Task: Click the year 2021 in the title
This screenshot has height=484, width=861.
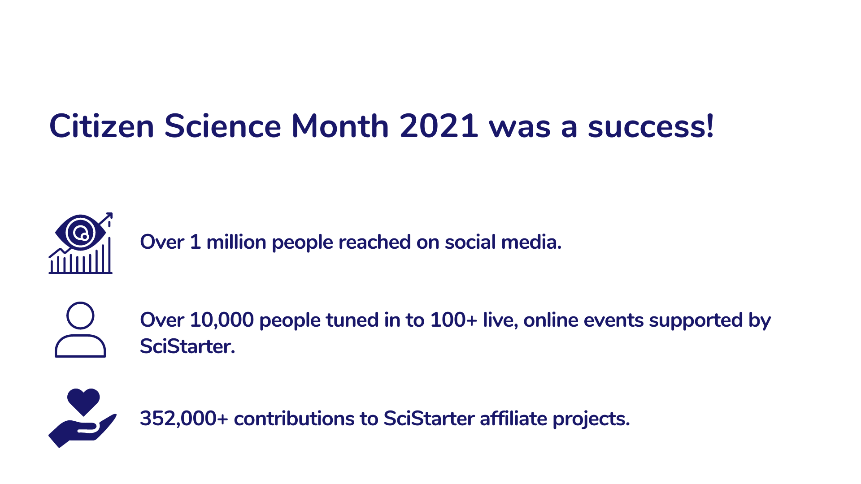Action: tap(439, 126)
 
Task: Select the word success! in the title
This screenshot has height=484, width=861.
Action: tap(651, 126)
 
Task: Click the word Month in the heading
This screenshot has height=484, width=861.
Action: tap(340, 125)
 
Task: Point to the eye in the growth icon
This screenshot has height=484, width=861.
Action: tap(81, 233)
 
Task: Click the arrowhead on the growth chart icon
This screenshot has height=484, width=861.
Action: tap(108, 216)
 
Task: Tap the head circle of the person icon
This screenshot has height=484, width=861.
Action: tap(80, 315)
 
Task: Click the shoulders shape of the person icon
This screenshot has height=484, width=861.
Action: tap(80, 346)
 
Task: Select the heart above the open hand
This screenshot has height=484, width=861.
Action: tap(83, 401)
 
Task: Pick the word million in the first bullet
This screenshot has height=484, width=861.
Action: tap(236, 242)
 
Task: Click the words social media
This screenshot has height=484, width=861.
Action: tap(503, 242)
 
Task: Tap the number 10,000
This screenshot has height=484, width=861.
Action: tap(222, 320)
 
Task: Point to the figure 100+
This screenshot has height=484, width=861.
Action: tap(454, 320)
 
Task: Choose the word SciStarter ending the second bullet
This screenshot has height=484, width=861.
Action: tap(187, 346)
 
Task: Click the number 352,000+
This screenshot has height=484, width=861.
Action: tap(184, 419)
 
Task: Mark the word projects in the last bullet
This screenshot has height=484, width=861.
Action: tap(591, 419)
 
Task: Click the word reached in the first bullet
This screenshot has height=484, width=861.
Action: tap(374, 242)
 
